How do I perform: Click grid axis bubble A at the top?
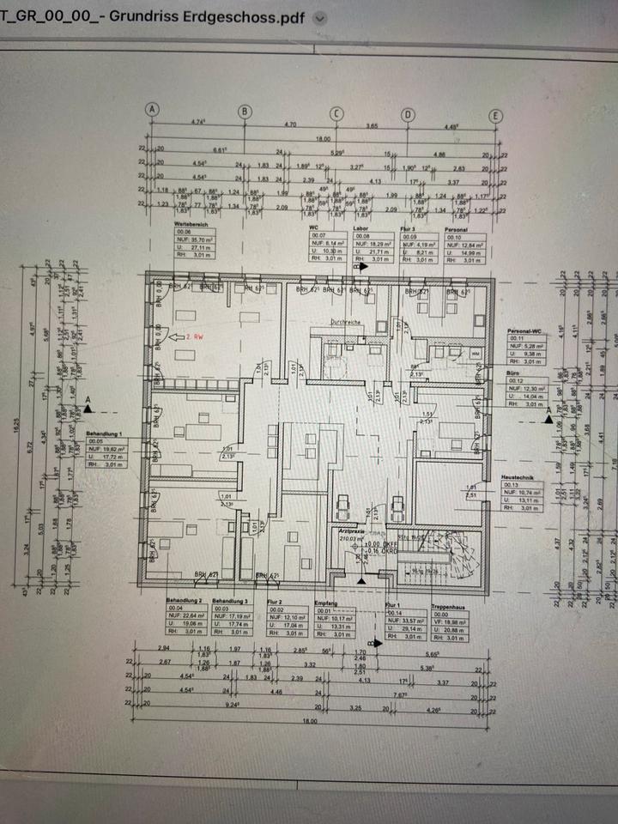152,111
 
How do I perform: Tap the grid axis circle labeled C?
336,112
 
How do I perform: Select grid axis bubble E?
495,117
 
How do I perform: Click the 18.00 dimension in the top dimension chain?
324,138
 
